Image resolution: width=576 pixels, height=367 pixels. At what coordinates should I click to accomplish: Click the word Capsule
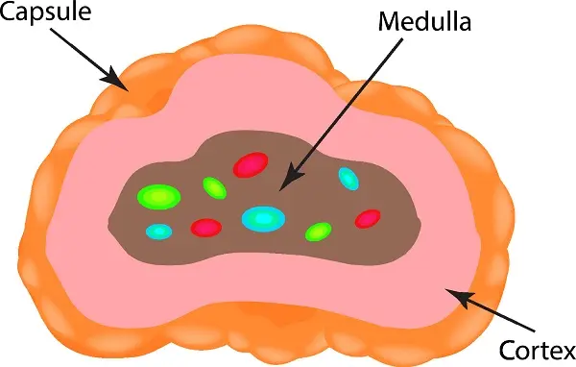(x=45, y=12)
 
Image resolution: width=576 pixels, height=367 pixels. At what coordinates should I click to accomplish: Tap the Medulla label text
(x=424, y=22)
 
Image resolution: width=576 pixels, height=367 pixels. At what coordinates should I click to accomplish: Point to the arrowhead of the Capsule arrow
(x=116, y=79)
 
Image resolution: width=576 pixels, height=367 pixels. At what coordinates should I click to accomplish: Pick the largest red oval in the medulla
(x=251, y=164)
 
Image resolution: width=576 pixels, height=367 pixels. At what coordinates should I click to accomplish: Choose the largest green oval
(x=158, y=197)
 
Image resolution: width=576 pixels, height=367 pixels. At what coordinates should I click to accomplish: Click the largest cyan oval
(x=263, y=219)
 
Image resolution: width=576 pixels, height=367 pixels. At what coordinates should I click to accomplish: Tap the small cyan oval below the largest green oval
(x=158, y=232)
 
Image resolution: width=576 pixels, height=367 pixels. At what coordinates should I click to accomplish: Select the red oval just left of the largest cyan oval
(x=206, y=228)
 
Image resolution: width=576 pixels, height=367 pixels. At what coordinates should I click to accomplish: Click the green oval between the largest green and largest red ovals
(x=214, y=188)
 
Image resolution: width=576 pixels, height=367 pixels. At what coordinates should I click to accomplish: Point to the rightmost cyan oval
(x=348, y=179)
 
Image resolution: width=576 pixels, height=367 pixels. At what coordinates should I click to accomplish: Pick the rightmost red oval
(x=368, y=219)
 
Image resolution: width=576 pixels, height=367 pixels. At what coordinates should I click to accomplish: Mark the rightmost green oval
(x=318, y=232)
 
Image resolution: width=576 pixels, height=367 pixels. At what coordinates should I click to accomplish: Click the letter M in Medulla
(x=390, y=22)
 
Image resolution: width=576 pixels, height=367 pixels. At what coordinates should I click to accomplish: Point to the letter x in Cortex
(x=566, y=353)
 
